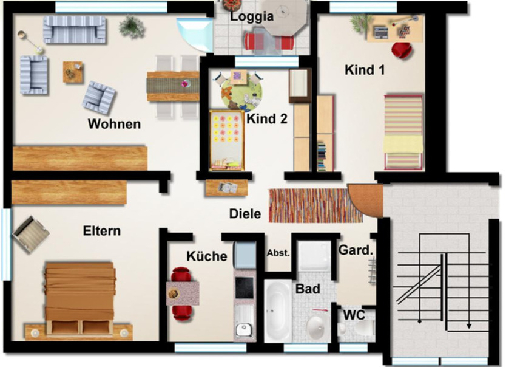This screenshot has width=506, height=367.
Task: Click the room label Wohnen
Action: tap(114, 124)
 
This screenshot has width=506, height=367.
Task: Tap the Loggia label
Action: tap(252, 17)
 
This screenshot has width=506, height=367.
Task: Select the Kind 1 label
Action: tap(365, 70)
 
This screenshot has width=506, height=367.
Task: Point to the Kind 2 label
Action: tap(267, 118)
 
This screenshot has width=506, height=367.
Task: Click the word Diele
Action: tap(245, 214)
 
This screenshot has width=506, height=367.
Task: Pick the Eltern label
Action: tap(102, 231)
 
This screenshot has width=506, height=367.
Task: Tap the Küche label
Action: tap(206, 256)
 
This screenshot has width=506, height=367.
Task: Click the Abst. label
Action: tap(278, 253)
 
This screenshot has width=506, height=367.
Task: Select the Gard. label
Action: tap(355, 250)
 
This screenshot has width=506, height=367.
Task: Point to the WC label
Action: tap(354, 315)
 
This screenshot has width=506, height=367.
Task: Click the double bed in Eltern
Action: tap(81, 298)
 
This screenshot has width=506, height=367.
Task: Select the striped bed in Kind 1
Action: tap(403, 131)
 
